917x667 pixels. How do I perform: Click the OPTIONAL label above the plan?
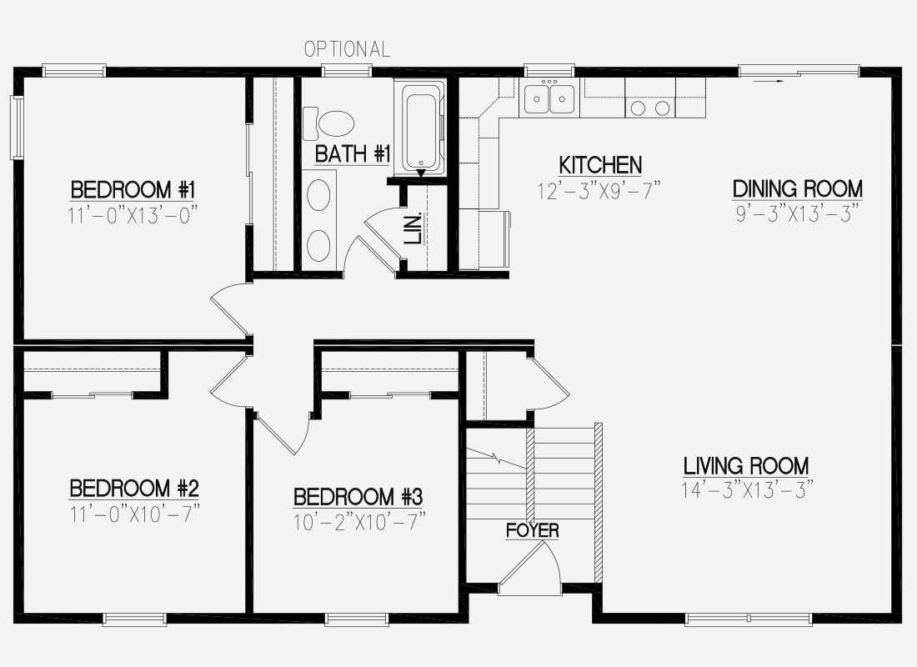pyautogui.click(x=347, y=49)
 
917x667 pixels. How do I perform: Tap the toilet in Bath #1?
pyautogui.click(x=329, y=123)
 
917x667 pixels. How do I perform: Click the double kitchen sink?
pyautogui.click(x=549, y=98)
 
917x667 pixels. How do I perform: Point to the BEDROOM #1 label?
pyautogui.click(x=133, y=190)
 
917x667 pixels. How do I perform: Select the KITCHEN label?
pyautogui.click(x=600, y=165)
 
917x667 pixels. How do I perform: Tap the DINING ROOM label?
pyautogui.click(x=798, y=189)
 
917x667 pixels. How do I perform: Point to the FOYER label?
pyautogui.click(x=532, y=530)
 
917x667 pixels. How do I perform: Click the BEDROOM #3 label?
pyautogui.click(x=358, y=497)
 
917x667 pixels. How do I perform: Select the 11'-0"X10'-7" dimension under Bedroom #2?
pyautogui.click(x=135, y=514)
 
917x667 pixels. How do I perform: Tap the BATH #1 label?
pyautogui.click(x=352, y=154)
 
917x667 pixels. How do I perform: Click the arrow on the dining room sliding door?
pyautogui.click(x=769, y=82)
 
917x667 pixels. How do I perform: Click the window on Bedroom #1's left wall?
pyautogui.click(x=17, y=128)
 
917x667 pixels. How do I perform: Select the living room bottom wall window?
pyautogui.click(x=748, y=619)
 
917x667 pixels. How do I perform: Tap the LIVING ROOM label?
pyautogui.click(x=746, y=466)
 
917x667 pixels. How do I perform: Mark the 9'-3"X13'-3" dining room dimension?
pyautogui.click(x=798, y=213)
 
